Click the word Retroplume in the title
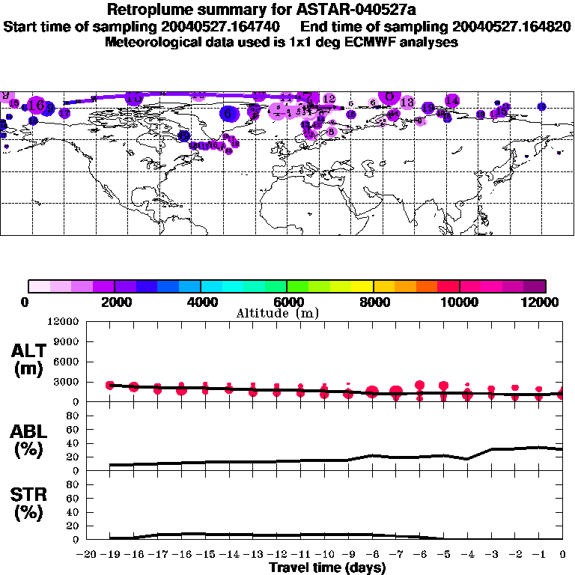click(x=153, y=10)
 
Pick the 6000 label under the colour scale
click(x=287, y=302)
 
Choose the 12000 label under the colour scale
click(x=545, y=302)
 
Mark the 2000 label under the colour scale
click(x=114, y=302)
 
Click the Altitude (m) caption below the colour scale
click(x=278, y=313)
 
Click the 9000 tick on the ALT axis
click(x=67, y=341)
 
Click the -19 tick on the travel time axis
click(x=110, y=554)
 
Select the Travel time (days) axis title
click(x=326, y=568)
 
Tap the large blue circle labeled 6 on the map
click(x=229, y=113)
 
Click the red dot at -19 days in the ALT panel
click(x=110, y=385)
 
